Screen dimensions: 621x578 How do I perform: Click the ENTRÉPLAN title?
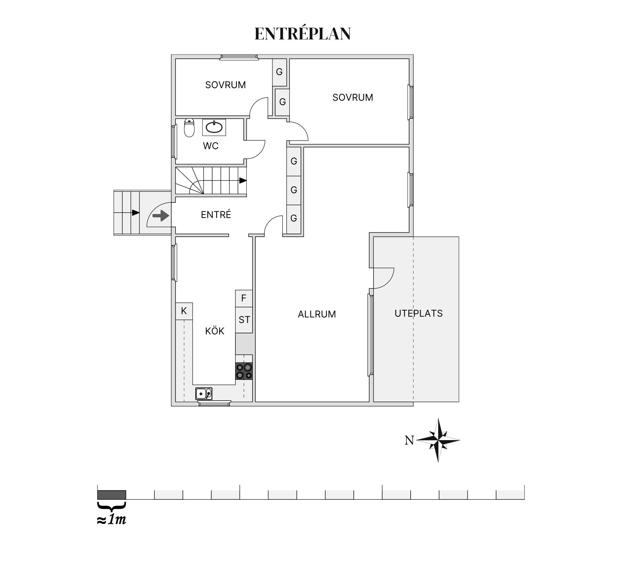click(302, 33)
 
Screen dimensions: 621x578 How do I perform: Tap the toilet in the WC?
click(189, 128)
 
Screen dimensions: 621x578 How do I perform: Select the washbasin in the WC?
click(214, 127)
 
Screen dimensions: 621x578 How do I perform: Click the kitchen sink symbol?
click(204, 394)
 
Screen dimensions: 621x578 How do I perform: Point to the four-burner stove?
click(244, 372)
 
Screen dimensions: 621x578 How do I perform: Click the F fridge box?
click(244, 298)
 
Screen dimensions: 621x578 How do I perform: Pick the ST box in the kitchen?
click(244, 320)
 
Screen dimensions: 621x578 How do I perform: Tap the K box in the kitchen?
click(184, 311)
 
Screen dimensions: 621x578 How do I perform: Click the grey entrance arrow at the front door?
click(161, 216)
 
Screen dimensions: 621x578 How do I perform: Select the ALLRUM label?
click(317, 314)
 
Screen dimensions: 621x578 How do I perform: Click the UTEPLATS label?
click(419, 313)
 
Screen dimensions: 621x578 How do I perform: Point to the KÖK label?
click(215, 331)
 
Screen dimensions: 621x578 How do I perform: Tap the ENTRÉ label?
click(216, 214)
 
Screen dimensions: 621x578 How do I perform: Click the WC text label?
click(211, 146)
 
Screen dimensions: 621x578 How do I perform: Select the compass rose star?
click(438, 440)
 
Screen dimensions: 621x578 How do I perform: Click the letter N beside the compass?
click(409, 440)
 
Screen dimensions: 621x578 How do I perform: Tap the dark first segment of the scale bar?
click(112, 495)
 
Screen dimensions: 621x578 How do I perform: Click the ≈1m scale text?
click(112, 520)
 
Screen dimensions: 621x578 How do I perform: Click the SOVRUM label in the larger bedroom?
click(353, 98)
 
